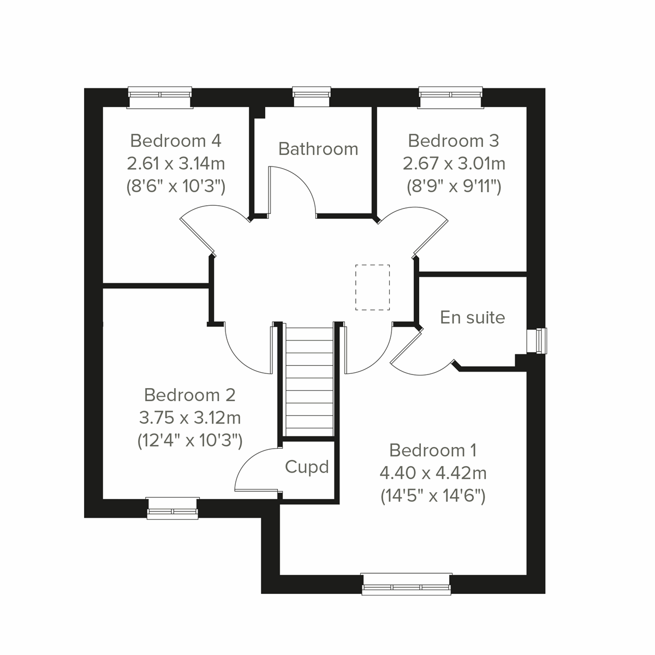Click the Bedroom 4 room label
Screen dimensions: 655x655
(x=176, y=141)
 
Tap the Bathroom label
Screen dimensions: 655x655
(x=318, y=149)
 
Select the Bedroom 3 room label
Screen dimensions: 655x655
(x=453, y=141)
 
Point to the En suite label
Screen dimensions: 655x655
(x=472, y=318)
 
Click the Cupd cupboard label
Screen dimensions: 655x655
(x=307, y=467)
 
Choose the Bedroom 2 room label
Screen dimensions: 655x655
(x=189, y=395)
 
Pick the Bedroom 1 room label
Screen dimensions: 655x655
(x=433, y=450)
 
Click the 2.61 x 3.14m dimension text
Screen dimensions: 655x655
(x=176, y=163)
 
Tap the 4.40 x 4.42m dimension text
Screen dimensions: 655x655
(x=433, y=473)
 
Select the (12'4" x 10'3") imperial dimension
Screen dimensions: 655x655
(x=189, y=440)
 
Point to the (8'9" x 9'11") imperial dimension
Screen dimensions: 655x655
(x=454, y=187)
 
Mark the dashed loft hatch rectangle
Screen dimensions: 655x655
(x=373, y=287)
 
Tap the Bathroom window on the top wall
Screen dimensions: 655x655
(x=312, y=97)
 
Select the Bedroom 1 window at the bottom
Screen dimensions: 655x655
(x=407, y=583)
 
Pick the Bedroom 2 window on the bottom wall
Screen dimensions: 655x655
(x=172, y=508)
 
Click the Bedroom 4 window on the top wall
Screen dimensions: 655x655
(x=160, y=97)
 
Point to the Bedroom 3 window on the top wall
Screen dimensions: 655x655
(x=451, y=97)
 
